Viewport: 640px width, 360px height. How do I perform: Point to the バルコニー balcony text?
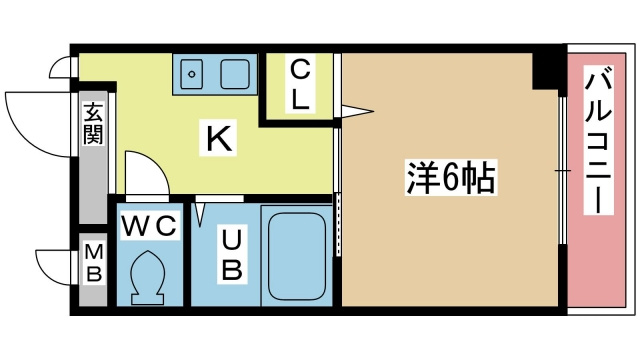[x=599, y=140]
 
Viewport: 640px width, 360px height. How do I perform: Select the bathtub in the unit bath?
[x=296, y=255]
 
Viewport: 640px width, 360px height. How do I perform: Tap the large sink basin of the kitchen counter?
[x=235, y=72]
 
